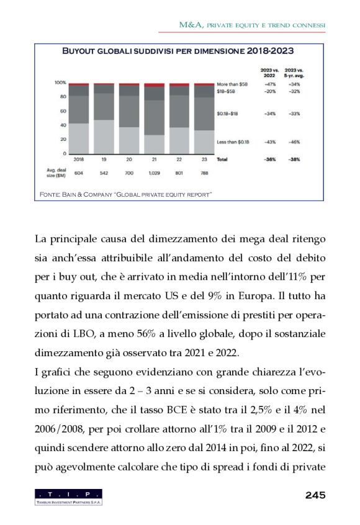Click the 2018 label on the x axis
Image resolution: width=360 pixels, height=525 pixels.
[x=79, y=159]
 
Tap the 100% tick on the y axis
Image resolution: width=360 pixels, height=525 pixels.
[x=60, y=82]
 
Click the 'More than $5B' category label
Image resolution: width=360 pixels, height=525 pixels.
[x=232, y=83]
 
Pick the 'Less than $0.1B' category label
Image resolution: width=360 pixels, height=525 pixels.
[x=233, y=142]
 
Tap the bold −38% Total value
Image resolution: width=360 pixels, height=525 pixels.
[x=295, y=159]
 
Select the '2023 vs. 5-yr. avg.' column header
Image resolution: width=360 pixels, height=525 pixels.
[x=294, y=73]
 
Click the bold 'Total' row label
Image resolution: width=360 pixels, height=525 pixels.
[x=222, y=159]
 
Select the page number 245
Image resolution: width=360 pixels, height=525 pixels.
[x=315, y=495]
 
